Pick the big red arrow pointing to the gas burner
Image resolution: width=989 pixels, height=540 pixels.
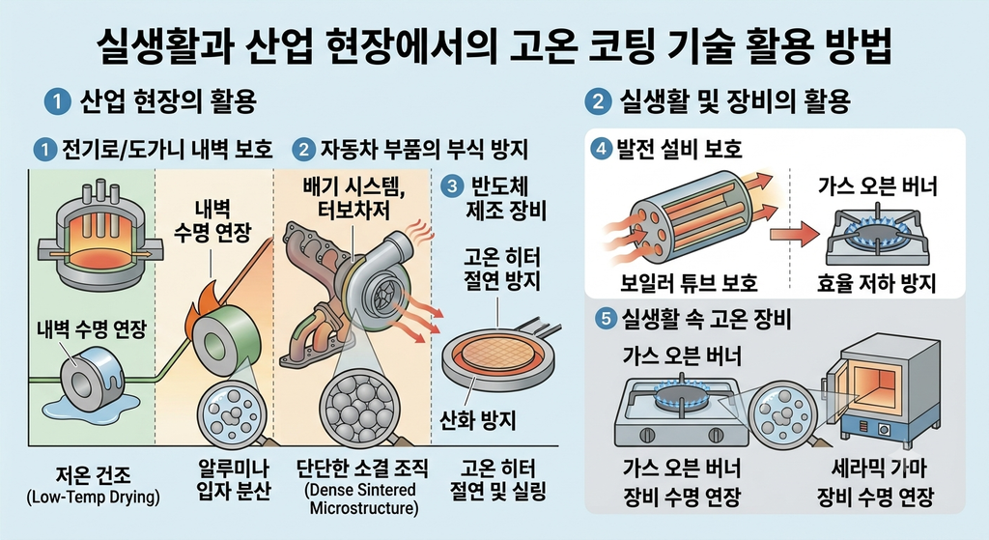(x=795, y=234)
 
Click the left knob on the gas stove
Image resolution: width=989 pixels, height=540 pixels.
(x=646, y=435)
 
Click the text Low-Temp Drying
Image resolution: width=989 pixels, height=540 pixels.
(x=94, y=497)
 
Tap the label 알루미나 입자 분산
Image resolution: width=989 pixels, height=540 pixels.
(x=234, y=480)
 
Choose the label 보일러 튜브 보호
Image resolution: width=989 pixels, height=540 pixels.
(x=689, y=283)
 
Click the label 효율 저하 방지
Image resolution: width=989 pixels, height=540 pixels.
(x=877, y=283)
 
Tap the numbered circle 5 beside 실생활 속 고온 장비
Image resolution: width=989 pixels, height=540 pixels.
(x=607, y=319)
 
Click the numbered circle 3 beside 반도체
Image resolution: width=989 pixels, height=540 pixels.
(x=452, y=186)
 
